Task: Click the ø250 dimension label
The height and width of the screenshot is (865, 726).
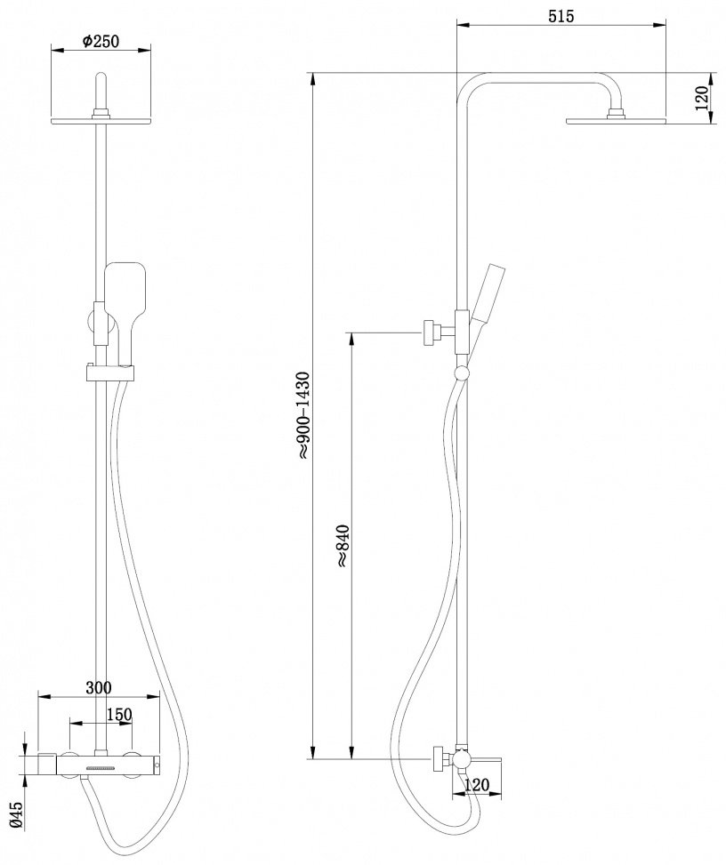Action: pos(101,42)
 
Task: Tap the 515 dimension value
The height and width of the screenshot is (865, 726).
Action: pos(561,16)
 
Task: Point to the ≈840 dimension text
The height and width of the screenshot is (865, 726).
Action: pos(343,545)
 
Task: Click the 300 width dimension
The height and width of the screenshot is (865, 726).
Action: pos(98,687)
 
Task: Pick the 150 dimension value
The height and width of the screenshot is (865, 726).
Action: pos(118,715)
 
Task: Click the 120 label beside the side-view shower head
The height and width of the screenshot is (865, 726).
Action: pos(701,99)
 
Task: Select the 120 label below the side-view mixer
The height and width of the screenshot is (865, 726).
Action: pos(477,784)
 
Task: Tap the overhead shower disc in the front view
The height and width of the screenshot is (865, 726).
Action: pos(101,121)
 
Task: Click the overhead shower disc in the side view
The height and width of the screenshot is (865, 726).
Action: pos(617,120)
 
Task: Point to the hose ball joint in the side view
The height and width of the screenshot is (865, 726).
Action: pos(461,374)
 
